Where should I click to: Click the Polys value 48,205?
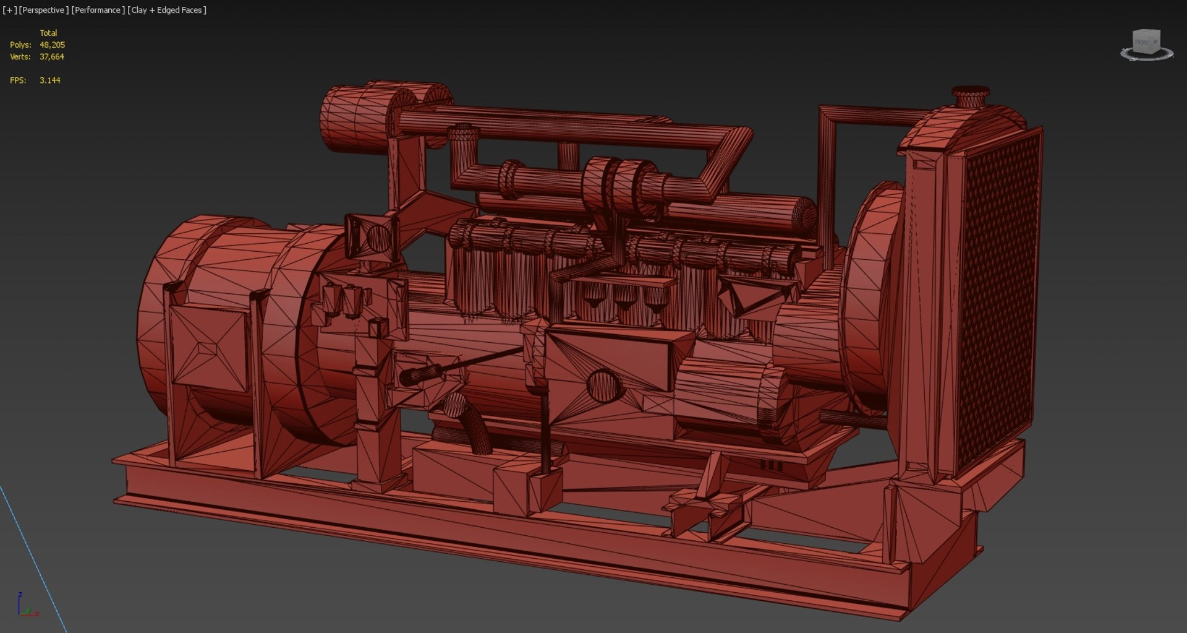click(x=52, y=45)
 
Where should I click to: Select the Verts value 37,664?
click(x=52, y=56)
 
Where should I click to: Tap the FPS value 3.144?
click(x=50, y=80)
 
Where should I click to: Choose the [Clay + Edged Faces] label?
click(x=167, y=10)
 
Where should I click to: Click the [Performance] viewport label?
click(x=98, y=10)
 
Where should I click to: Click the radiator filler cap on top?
click(x=971, y=95)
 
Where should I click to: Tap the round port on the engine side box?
click(x=602, y=385)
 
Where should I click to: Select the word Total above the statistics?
click(x=48, y=33)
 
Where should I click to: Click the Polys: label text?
click(x=20, y=45)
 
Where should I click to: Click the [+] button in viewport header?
click(x=9, y=10)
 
